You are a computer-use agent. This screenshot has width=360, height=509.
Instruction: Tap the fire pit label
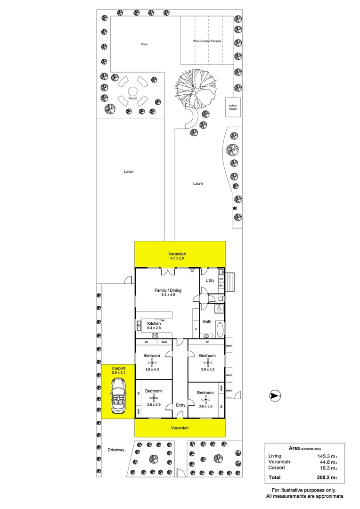click(132, 98)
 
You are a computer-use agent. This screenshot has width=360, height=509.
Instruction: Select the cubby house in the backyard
click(232, 107)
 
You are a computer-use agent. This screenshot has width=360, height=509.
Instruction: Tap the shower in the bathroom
click(218, 309)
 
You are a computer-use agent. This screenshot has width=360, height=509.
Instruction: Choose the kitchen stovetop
click(154, 335)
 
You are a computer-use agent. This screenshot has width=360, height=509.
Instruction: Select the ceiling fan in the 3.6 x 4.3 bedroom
click(207, 362)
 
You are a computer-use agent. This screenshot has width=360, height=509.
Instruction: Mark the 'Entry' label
click(180, 405)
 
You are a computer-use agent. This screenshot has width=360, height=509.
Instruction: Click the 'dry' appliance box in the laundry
click(221, 286)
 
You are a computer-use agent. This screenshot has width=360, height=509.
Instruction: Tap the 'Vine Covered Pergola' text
click(207, 41)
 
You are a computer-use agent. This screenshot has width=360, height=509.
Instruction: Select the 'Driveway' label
click(115, 450)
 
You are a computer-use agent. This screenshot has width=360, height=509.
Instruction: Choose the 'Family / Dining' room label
click(168, 290)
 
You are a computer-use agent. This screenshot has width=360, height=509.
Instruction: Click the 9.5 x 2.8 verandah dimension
click(180, 258)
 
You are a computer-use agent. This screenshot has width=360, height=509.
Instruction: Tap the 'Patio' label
click(144, 44)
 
